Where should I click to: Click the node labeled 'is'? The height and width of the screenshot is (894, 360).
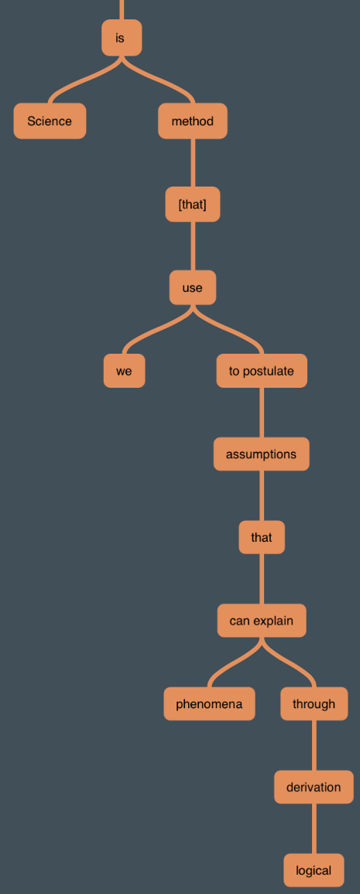122,38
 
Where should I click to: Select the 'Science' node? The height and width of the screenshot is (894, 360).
50,121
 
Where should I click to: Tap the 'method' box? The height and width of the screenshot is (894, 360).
193,121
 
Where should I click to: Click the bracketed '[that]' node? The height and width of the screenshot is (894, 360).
193,204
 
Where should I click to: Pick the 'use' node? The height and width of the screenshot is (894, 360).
193,287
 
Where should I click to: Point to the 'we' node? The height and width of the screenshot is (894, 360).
125,371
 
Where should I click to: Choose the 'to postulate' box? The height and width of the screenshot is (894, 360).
262,371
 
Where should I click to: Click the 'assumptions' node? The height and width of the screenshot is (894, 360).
262,454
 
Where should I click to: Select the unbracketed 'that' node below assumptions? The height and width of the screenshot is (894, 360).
262,537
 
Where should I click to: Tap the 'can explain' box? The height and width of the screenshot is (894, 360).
262,620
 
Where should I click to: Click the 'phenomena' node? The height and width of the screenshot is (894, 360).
209,704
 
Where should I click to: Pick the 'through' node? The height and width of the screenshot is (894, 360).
314,704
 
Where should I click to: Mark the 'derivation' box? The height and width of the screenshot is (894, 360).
314,787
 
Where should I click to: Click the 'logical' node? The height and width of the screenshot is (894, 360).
314,870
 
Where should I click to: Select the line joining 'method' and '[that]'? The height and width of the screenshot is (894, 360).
193,163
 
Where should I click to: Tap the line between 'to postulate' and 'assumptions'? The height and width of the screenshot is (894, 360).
262,413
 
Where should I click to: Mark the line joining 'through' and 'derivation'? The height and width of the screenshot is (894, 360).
314,745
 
